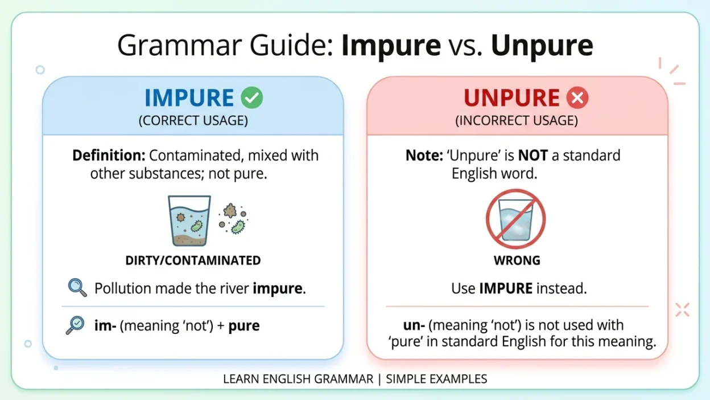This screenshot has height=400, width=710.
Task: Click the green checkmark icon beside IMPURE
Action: point(251,97)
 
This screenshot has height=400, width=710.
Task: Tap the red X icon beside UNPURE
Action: point(577,97)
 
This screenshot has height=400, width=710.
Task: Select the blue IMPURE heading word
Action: point(189,98)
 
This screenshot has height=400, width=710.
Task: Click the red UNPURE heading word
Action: point(511,98)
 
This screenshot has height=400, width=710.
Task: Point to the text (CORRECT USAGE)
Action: point(193,121)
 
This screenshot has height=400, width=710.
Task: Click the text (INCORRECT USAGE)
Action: point(517,121)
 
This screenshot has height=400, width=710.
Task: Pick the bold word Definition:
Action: point(109,155)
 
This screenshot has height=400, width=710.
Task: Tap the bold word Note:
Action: point(424,155)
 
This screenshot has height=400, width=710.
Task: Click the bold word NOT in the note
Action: point(533,155)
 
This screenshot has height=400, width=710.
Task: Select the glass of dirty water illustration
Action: point(189,221)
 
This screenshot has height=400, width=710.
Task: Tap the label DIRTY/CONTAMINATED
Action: point(193,260)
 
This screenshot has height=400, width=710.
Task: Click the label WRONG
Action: point(517,260)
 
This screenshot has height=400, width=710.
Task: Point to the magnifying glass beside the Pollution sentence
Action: point(77,287)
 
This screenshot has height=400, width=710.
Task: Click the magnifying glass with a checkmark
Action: point(75,325)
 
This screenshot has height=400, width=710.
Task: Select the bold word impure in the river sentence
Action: point(278,288)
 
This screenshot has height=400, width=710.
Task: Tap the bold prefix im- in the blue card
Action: point(105,325)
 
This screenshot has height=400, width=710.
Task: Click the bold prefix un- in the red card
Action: point(414,325)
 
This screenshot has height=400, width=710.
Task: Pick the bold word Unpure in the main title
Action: point(542,46)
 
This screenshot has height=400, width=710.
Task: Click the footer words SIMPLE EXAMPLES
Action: point(436,379)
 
